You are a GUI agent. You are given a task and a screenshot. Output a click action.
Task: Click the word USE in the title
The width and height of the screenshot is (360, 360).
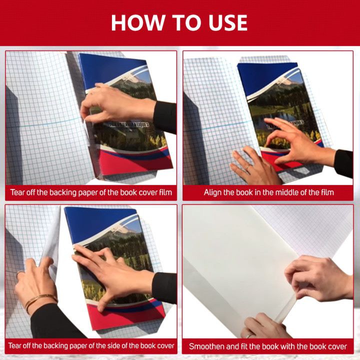228,22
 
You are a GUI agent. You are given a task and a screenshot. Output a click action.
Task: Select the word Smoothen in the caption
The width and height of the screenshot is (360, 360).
206,346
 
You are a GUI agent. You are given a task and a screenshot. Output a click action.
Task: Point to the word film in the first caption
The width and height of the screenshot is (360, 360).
165,192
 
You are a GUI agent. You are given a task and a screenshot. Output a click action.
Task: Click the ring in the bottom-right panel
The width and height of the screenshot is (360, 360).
249,335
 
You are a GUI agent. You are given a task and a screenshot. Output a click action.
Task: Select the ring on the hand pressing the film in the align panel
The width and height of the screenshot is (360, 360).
247,167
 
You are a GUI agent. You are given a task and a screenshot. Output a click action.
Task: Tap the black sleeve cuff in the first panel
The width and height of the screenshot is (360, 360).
164,116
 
